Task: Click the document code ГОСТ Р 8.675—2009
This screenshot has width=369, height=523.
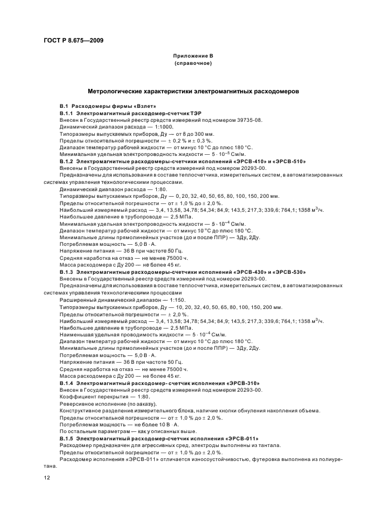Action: pyautogui.click(x=73, y=40)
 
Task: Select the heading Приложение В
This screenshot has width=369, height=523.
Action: pyautogui.click(x=193, y=56)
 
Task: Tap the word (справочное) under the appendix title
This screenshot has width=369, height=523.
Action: pyautogui.click(x=193, y=64)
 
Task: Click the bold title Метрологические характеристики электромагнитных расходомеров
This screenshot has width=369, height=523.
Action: pyautogui.click(x=193, y=90)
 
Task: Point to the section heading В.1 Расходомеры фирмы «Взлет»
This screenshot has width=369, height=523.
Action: pyautogui.click(x=104, y=106)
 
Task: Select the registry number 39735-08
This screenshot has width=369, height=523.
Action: pyautogui.click(x=248, y=120)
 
